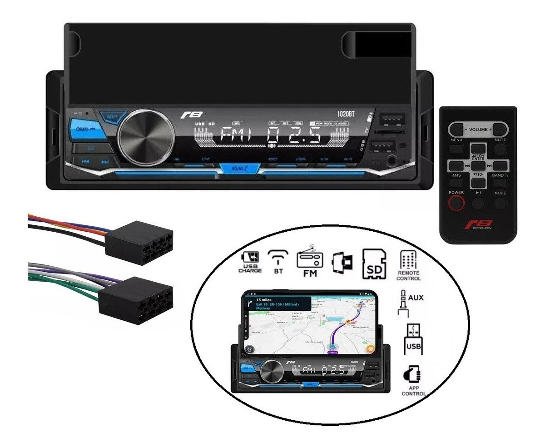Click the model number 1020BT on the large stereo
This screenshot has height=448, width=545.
point(347,114)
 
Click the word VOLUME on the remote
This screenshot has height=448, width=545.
point(478,129)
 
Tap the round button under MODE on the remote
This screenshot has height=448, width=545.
point(500,203)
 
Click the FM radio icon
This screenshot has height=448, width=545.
point(309,261)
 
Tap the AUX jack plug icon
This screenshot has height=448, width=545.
point(403,304)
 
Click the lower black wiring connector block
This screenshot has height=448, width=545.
point(134,300)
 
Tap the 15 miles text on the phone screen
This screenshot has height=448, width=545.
point(264,300)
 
